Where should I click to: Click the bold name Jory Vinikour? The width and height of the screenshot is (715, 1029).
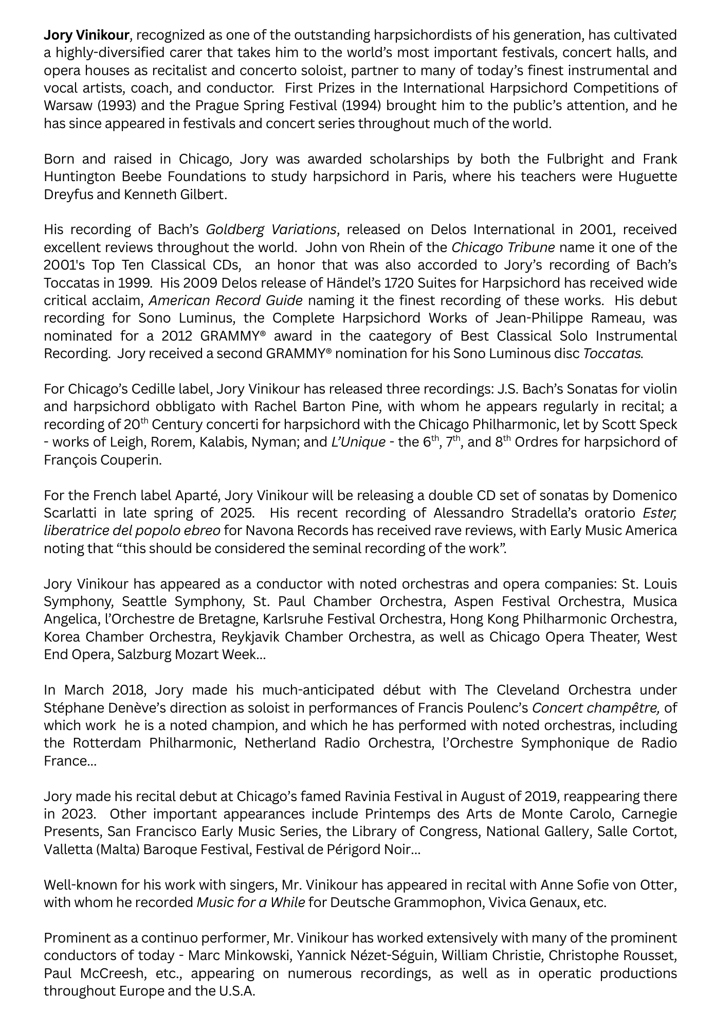click(x=86, y=36)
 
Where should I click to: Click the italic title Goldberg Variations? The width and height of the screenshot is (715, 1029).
click(x=271, y=229)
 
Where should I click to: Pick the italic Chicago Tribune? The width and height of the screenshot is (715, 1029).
click(x=503, y=247)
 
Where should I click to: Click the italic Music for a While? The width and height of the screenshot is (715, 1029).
click(x=251, y=903)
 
